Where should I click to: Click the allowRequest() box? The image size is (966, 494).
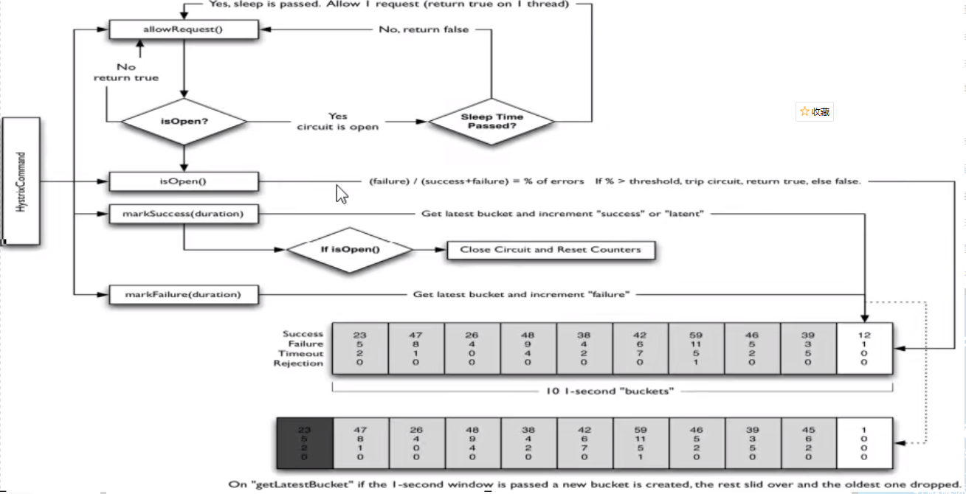point(184,29)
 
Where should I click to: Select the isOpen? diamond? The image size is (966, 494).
point(184,121)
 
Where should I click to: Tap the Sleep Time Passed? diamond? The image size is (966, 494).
point(491,121)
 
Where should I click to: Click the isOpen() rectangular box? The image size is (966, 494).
point(184,181)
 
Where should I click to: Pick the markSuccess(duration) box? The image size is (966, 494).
point(184,215)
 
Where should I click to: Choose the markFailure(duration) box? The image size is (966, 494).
point(184,294)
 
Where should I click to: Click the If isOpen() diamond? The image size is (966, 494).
point(350,249)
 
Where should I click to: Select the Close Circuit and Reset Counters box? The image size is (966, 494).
point(551,249)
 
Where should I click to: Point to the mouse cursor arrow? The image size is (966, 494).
point(342,194)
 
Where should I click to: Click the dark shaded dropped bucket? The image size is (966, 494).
point(305,443)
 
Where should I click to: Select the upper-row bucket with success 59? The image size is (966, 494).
point(697,348)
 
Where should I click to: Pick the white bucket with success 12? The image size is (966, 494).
point(864,348)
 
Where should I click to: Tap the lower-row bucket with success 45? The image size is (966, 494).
point(808,443)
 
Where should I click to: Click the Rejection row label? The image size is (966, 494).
point(298,363)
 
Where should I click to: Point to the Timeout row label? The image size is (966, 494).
point(300,353)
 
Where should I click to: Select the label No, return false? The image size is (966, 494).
point(424,29)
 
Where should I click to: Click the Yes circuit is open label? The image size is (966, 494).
point(338,122)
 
